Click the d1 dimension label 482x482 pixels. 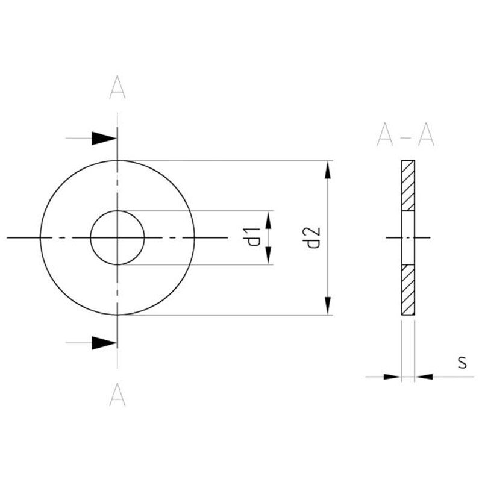[254, 237]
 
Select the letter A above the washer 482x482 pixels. [117, 87]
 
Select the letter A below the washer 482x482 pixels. [117, 395]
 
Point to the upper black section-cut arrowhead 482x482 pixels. [104, 139]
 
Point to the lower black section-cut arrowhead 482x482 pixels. [104, 343]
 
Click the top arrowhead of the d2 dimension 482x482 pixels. [328, 170]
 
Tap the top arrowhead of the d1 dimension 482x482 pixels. [269, 220]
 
